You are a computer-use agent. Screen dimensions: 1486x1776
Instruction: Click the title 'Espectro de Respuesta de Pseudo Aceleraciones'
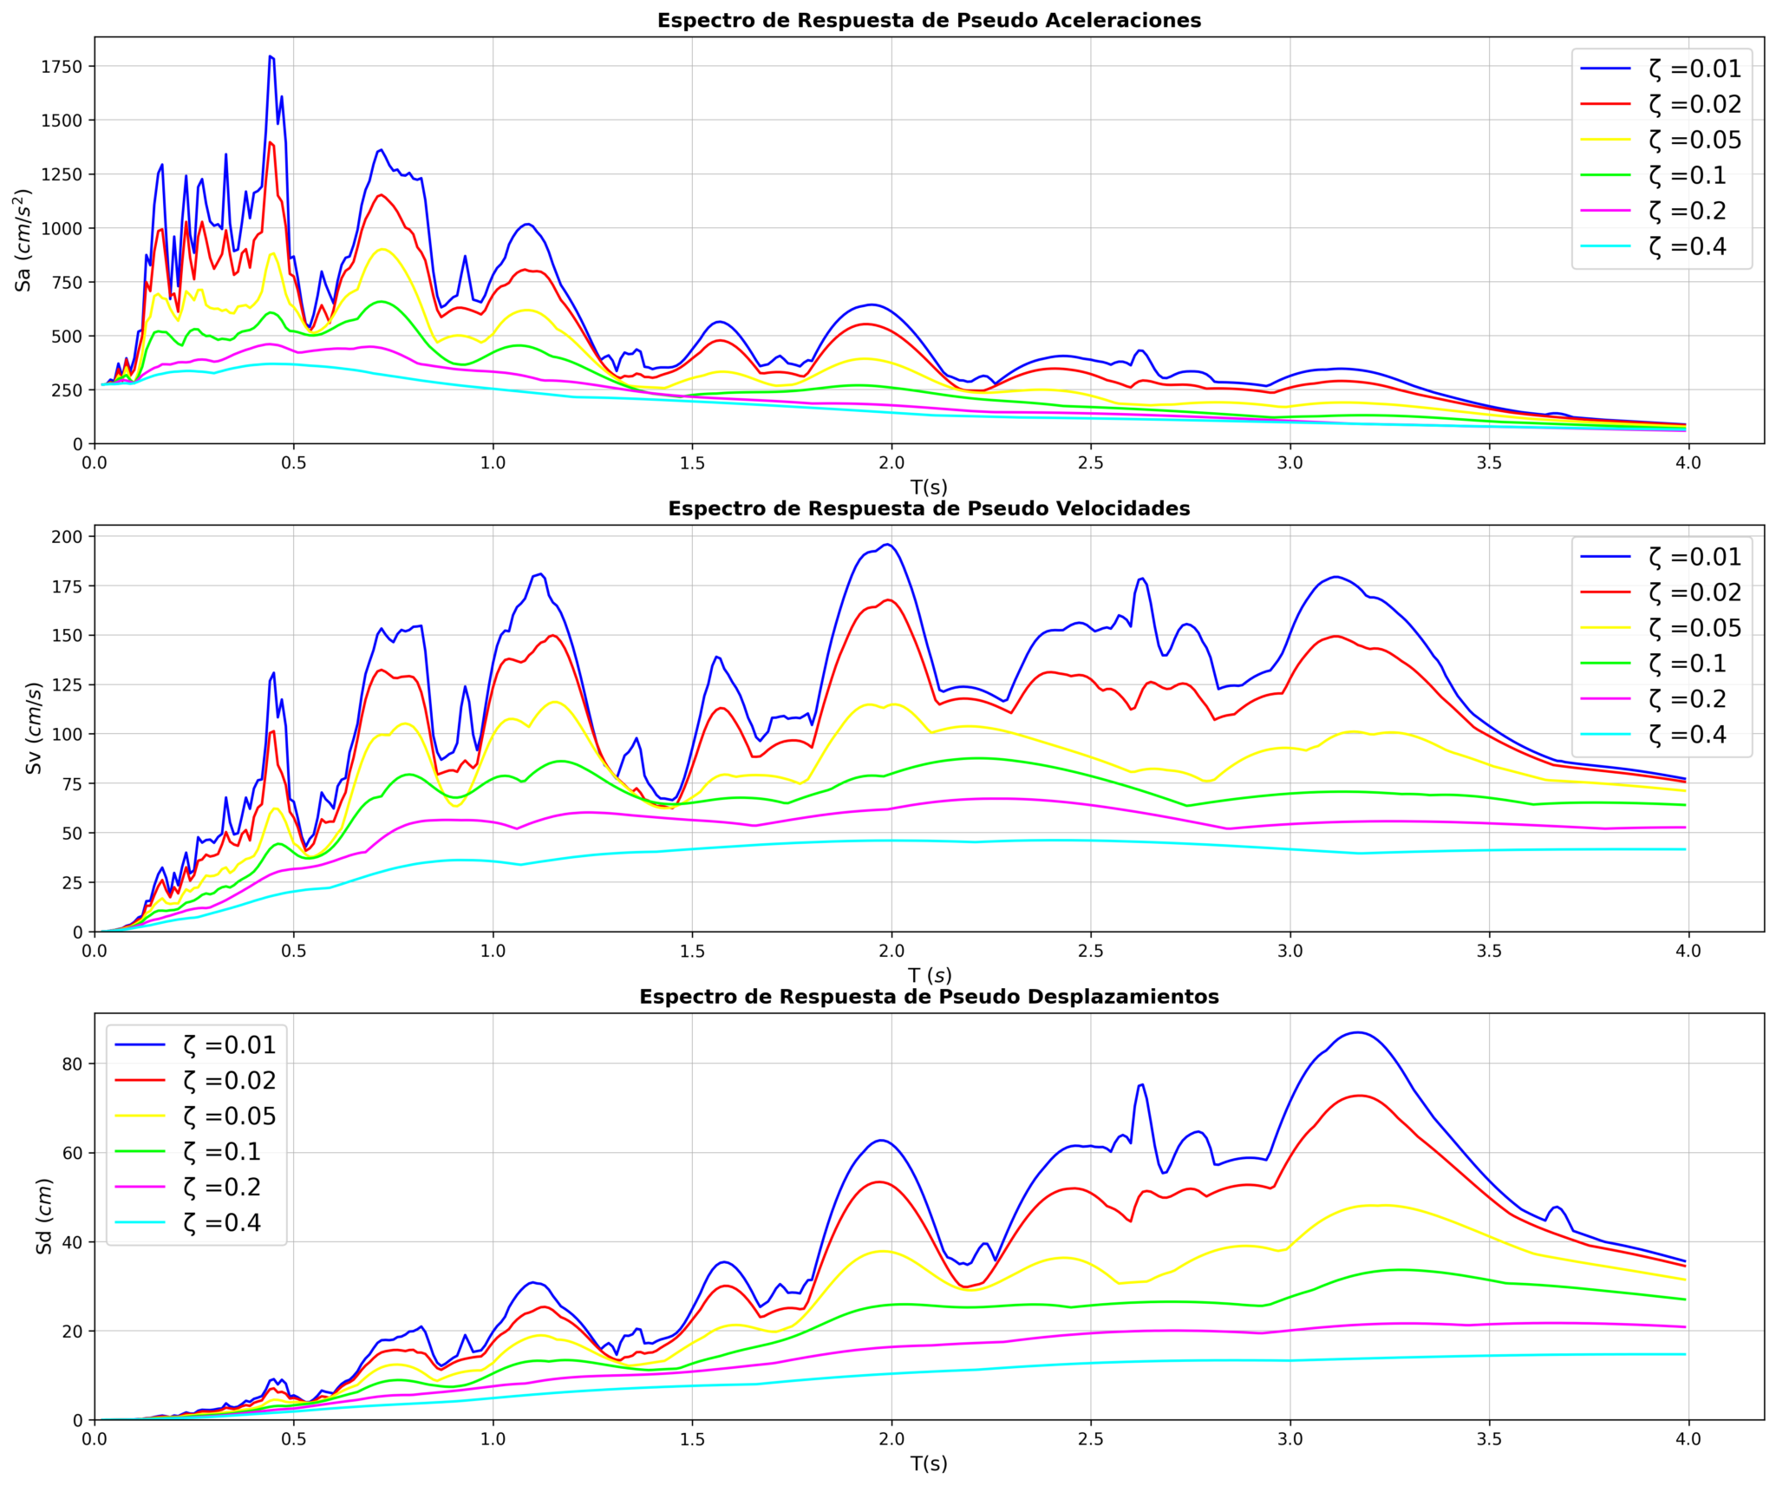pos(929,21)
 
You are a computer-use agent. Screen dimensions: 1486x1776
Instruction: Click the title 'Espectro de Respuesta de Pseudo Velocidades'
pos(929,509)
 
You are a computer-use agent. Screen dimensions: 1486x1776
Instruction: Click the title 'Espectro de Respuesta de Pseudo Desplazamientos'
pos(929,997)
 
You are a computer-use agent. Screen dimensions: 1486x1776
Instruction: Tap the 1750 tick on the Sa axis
pos(62,68)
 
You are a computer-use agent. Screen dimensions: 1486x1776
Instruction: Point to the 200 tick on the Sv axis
pos(68,537)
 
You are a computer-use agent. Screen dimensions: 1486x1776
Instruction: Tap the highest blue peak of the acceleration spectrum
pos(271,57)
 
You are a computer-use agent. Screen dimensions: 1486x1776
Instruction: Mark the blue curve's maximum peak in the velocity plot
pos(887,545)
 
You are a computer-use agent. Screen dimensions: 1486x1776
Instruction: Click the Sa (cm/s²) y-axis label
pos(23,239)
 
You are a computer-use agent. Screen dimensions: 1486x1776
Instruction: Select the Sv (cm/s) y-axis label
pos(33,728)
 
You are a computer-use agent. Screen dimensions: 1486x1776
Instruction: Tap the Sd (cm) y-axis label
pos(43,1216)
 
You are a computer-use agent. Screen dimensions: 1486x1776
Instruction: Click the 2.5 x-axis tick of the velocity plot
pos(1091,951)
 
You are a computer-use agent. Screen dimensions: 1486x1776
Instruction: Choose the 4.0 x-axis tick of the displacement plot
pos(1688,1439)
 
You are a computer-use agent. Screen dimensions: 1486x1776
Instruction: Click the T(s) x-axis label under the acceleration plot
pos(929,488)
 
